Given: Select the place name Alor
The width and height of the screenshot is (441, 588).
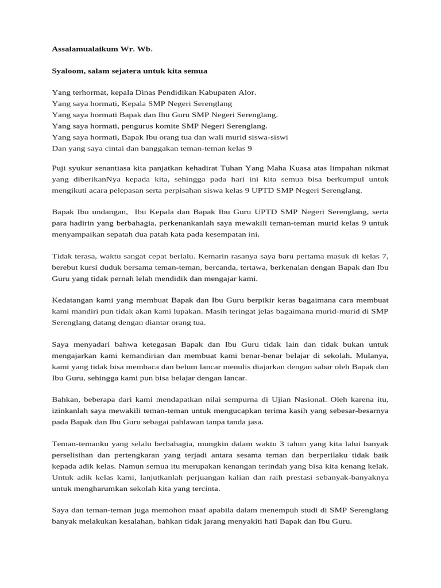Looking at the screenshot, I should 246,92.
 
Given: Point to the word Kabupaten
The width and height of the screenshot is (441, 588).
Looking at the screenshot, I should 215,92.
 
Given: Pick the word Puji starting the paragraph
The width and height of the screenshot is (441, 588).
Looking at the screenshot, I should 59,168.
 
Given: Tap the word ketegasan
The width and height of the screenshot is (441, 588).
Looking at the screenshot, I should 159,345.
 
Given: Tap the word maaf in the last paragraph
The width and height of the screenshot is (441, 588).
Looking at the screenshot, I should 209,510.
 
